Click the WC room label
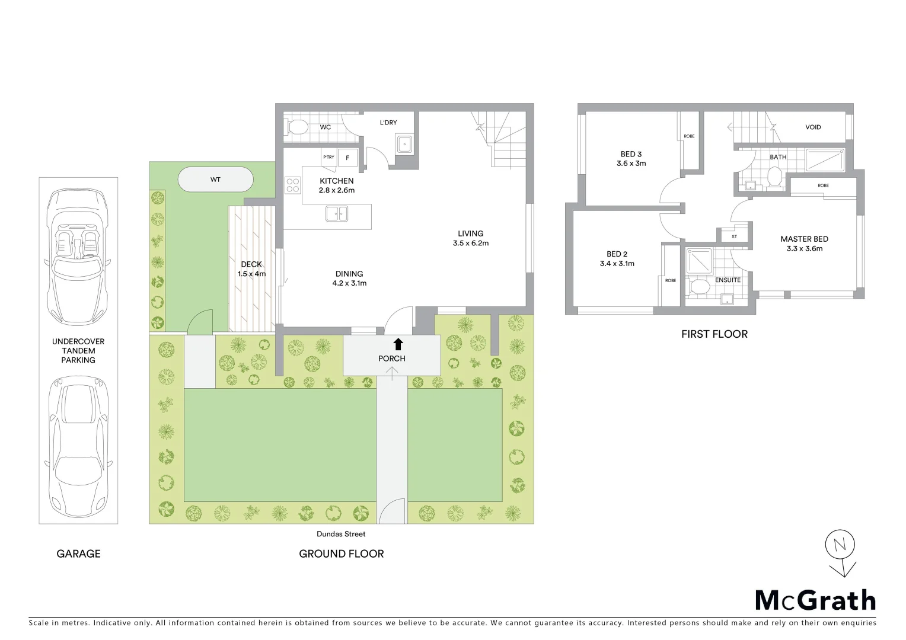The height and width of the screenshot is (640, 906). coord(326,127)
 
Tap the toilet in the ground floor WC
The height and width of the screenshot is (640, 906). coord(297,127)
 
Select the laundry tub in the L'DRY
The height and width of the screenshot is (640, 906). coord(404,143)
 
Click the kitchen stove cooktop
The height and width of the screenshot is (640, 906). coord(293,185)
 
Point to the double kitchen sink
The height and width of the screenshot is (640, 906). coord(337,213)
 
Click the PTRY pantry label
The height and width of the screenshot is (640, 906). coord(328,158)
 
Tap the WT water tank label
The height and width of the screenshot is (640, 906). coord(215,180)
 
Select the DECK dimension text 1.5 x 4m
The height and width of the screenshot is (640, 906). coord(251,274)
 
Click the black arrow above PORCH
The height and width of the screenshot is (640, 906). coord(398,344)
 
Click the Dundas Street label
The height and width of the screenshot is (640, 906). coord(341,534)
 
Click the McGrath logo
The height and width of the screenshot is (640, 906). coord(815,600)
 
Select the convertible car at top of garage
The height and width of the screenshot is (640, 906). coord(78,257)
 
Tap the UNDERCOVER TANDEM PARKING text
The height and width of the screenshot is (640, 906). coord(78,351)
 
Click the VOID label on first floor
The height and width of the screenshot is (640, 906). coord(813,127)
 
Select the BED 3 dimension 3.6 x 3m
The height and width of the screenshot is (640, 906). coord(631,164)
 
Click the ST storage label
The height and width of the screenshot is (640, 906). coord(734,236)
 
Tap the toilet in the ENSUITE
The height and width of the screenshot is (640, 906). coord(700,288)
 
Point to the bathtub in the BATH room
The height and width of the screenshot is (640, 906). coord(825,160)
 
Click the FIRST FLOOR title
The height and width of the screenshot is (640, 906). coord(714,334)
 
